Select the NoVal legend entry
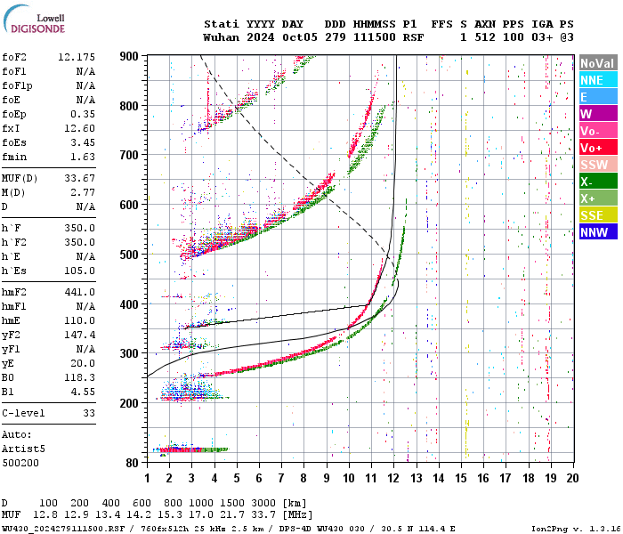[596, 63]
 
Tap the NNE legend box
[596, 80]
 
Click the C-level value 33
[88, 414]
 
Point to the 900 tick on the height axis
[129, 56]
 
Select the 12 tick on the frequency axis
[393, 478]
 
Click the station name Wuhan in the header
[221, 37]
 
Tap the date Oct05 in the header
[303, 37]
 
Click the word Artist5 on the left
[20, 449]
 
